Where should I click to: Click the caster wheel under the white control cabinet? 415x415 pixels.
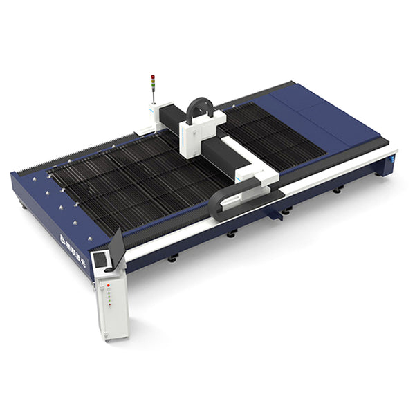pos(107,338)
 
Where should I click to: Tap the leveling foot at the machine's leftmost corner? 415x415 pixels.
pos(23,205)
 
